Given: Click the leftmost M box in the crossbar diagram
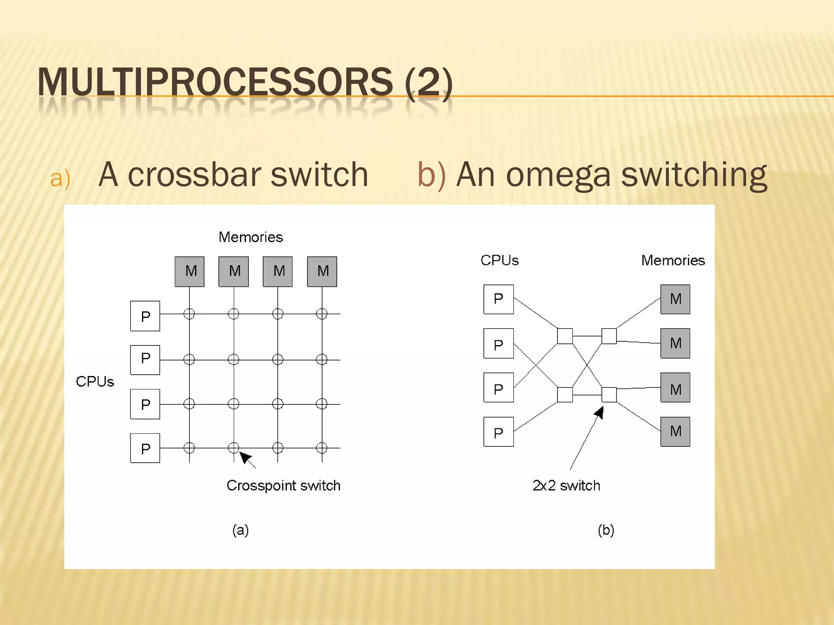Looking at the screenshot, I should click(189, 271).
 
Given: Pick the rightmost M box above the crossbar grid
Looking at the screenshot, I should click(322, 271).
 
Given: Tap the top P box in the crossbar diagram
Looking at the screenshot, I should click(145, 316).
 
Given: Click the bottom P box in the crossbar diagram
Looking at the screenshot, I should click(145, 448).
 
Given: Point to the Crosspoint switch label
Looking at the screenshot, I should click(283, 485).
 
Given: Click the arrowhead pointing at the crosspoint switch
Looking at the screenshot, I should click(244, 457).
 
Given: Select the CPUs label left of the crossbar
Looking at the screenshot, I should click(95, 382).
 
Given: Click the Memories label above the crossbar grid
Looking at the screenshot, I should click(250, 237).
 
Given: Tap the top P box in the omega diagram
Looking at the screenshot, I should click(498, 299).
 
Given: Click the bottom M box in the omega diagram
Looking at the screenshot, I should click(675, 431).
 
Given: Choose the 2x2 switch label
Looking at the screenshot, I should click(566, 485).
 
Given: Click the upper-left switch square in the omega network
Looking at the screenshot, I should click(565, 336).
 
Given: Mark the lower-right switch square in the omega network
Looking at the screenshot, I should click(609, 395).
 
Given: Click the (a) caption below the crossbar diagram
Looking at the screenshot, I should click(240, 530).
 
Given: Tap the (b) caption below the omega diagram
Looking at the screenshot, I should click(606, 530).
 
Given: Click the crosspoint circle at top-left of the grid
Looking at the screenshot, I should click(189, 314).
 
